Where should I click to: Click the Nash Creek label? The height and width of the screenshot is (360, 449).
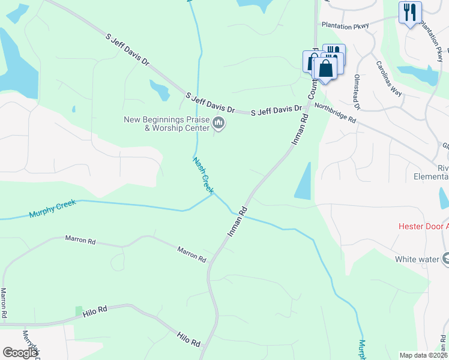click(203, 175)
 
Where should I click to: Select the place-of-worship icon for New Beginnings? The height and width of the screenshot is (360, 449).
click(219, 124)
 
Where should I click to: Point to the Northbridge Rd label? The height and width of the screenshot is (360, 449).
click(335, 113)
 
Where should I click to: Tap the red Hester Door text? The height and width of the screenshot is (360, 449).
click(424, 227)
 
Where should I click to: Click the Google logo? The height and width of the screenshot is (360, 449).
click(20, 353)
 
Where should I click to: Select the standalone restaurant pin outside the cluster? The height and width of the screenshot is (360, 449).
click(410, 12)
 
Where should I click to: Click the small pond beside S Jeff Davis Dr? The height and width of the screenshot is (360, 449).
click(160, 90)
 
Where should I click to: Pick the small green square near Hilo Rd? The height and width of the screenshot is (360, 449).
click(79, 310)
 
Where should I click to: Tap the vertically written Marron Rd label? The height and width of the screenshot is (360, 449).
click(4, 302)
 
